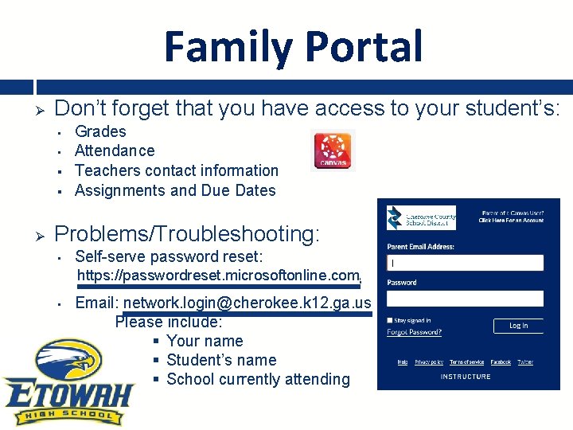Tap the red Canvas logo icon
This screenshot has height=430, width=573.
point(332,150)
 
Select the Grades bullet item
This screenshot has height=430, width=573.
point(100,131)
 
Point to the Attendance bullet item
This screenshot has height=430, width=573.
point(115,150)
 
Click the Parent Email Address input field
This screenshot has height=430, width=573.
point(465,263)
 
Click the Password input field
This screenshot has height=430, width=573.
point(465,299)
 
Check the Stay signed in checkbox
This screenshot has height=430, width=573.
point(390,321)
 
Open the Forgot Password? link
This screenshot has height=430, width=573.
point(414,332)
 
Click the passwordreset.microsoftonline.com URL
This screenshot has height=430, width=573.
point(218,276)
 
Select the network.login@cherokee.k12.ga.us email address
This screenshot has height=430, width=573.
point(247,303)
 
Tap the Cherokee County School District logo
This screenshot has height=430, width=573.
point(421,218)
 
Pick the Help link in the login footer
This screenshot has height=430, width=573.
point(403,362)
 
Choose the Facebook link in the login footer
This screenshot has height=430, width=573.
point(501,362)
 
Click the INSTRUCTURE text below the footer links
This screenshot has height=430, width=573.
point(466,377)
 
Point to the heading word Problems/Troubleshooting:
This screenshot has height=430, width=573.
point(187,234)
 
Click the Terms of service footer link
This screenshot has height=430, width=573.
point(466,362)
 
